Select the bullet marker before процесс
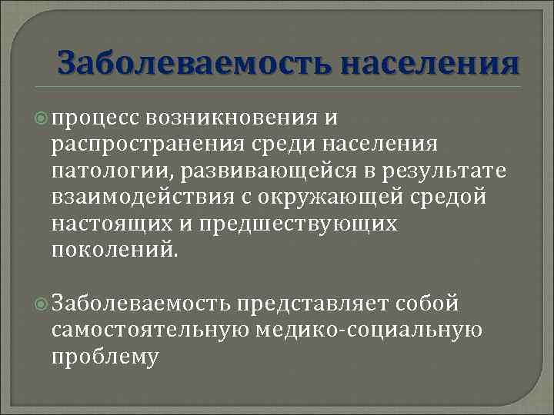click(44, 117)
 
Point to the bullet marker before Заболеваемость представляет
click(44, 303)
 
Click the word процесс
click(93, 117)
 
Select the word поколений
click(116, 249)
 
